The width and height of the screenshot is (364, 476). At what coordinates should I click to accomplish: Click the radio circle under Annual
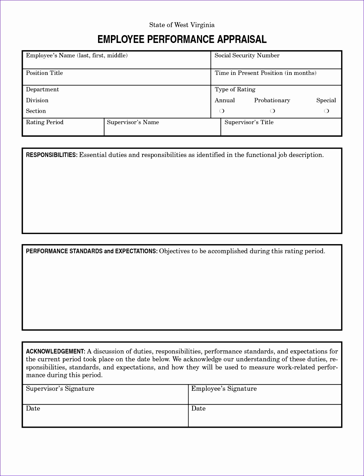coord(222,111)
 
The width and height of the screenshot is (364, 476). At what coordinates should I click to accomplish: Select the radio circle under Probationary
coord(273,111)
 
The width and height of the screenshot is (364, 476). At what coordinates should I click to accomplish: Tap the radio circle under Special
coord(326,111)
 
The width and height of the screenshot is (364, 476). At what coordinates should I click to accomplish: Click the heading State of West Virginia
coord(182,25)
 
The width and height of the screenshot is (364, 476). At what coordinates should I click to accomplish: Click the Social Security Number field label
coord(247,55)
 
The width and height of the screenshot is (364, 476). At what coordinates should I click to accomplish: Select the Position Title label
coord(44,73)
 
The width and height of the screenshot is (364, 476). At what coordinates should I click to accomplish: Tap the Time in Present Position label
coord(265,73)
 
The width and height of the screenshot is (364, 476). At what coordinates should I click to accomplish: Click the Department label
coord(42,90)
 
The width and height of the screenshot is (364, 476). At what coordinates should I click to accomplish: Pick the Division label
coord(37,100)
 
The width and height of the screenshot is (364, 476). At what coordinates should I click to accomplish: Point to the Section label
coord(36,111)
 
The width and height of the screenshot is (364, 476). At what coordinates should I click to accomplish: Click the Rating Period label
coord(44,122)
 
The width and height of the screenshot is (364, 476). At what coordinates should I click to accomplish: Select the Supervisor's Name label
coord(133,122)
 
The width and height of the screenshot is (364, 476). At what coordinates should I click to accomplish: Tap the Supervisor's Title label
coord(249,122)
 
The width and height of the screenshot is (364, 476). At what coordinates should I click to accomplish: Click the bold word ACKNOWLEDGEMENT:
coord(55,352)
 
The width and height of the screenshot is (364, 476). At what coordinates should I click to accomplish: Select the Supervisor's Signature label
coord(60,389)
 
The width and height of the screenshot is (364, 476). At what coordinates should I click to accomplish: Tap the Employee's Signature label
coord(224,389)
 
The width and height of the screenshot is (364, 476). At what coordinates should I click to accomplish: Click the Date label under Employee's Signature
coord(198,408)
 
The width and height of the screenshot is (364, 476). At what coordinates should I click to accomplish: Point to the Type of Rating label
coord(235,90)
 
